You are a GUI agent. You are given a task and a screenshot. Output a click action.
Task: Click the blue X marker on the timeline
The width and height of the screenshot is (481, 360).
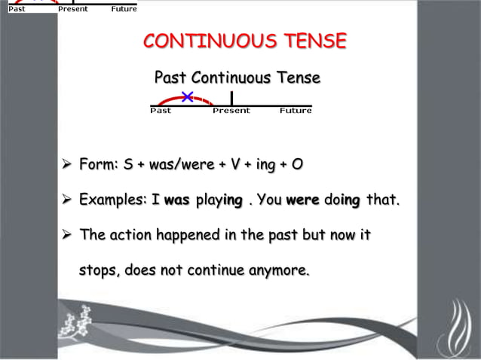(x=187, y=96)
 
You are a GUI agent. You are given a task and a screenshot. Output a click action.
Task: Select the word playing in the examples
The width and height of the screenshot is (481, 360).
(x=219, y=200)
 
